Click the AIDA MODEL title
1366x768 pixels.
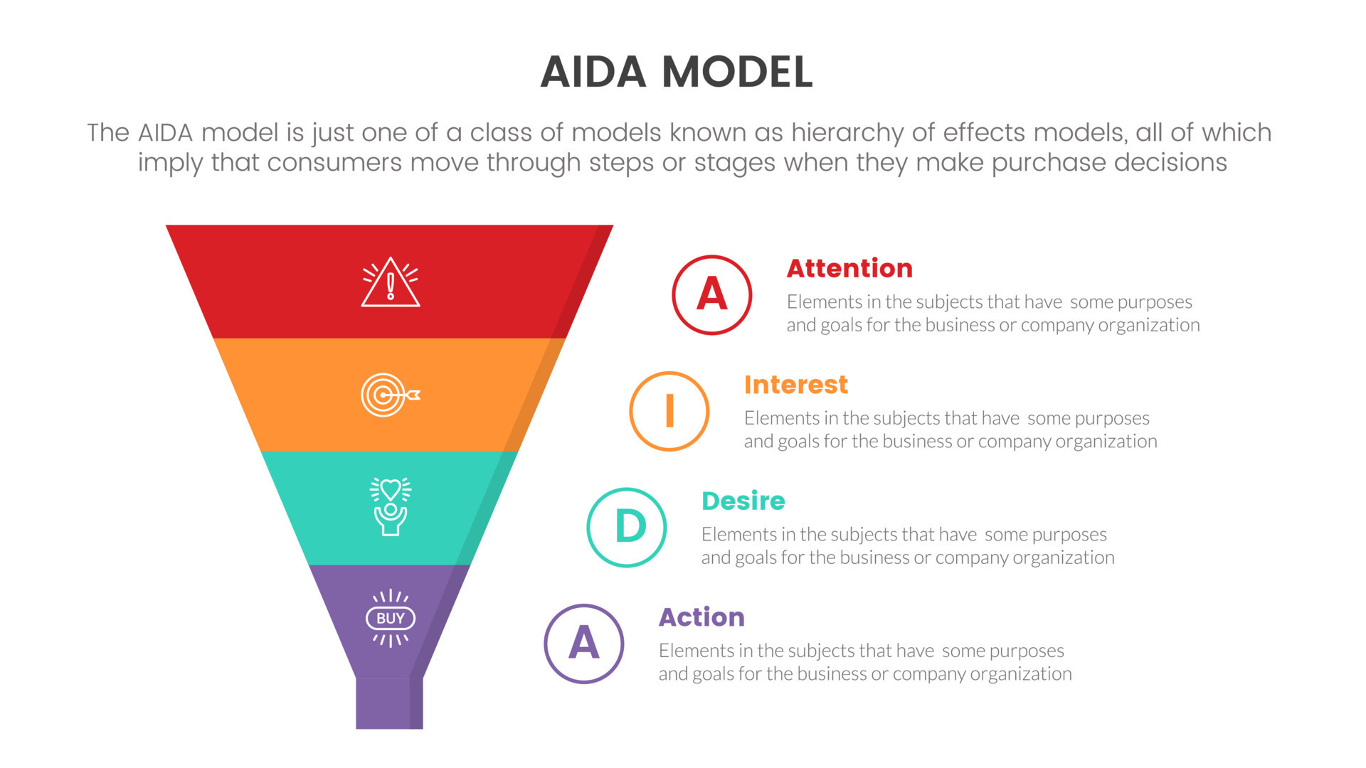click(676, 72)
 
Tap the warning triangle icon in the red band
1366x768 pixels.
click(390, 283)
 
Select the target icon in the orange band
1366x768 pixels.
click(389, 395)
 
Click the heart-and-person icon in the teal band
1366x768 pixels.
click(390, 506)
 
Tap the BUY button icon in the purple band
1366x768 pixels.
click(390, 618)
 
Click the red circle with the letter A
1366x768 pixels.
click(711, 294)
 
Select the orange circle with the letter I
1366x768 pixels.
click(669, 411)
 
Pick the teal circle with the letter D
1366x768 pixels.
click(626, 527)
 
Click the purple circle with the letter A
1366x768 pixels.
click(583, 644)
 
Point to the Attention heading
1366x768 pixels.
click(849, 268)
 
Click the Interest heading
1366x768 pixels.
click(795, 385)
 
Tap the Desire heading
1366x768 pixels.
click(743, 501)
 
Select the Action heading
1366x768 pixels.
click(701, 617)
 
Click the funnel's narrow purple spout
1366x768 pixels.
click(388, 703)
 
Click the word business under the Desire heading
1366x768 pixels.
click(867, 558)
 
